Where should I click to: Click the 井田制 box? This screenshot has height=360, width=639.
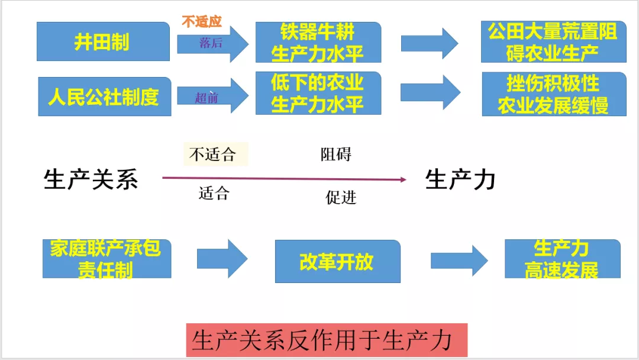pyautogui.click(x=103, y=42)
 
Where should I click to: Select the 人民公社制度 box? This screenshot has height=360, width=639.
pyautogui.click(x=103, y=95)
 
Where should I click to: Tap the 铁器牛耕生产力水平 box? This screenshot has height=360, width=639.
pyautogui.click(x=318, y=42)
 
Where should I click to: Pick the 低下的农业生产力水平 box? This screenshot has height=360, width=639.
pyautogui.click(x=318, y=93)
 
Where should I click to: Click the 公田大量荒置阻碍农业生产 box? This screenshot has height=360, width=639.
pyautogui.click(x=553, y=42)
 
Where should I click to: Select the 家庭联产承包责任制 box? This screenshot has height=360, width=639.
pyautogui.click(x=106, y=259)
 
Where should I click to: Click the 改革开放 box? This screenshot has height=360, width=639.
pyautogui.click(x=337, y=261)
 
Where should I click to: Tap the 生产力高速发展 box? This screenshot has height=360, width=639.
pyautogui.click(x=562, y=259)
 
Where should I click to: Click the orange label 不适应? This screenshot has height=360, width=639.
pyautogui.click(x=201, y=22)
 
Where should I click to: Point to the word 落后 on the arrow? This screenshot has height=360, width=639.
pyautogui.click(x=211, y=43)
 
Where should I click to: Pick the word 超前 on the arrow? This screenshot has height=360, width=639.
pyautogui.click(x=206, y=97)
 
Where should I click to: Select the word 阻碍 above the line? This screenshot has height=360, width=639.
pyautogui.click(x=336, y=155)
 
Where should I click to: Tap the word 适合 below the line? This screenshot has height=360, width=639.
pyautogui.click(x=214, y=193)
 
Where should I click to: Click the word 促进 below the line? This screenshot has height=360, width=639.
pyautogui.click(x=341, y=197)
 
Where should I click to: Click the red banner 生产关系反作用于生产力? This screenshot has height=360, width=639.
pyautogui.click(x=327, y=340)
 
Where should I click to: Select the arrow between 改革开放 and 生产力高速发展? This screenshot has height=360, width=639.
pyautogui.click(x=459, y=260)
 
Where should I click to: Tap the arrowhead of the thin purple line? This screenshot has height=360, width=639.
pyautogui.click(x=403, y=179)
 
